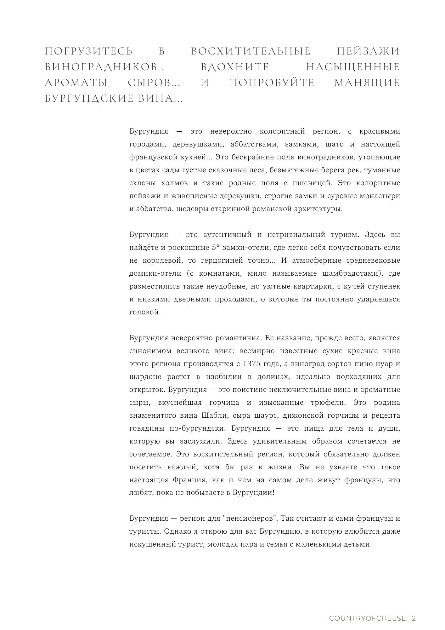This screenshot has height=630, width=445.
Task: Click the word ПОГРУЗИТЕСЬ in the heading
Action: pos(89,51)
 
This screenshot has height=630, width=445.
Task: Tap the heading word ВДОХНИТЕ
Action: pos(235,67)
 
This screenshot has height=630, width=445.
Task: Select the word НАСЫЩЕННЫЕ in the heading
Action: pos(353,67)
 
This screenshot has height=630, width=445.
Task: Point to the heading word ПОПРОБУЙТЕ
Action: pos(272,83)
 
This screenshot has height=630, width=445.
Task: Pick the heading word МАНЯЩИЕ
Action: pos(367,83)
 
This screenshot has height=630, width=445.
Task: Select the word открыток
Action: pos(147,390)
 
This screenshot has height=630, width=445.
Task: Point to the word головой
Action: pos(145,312)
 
